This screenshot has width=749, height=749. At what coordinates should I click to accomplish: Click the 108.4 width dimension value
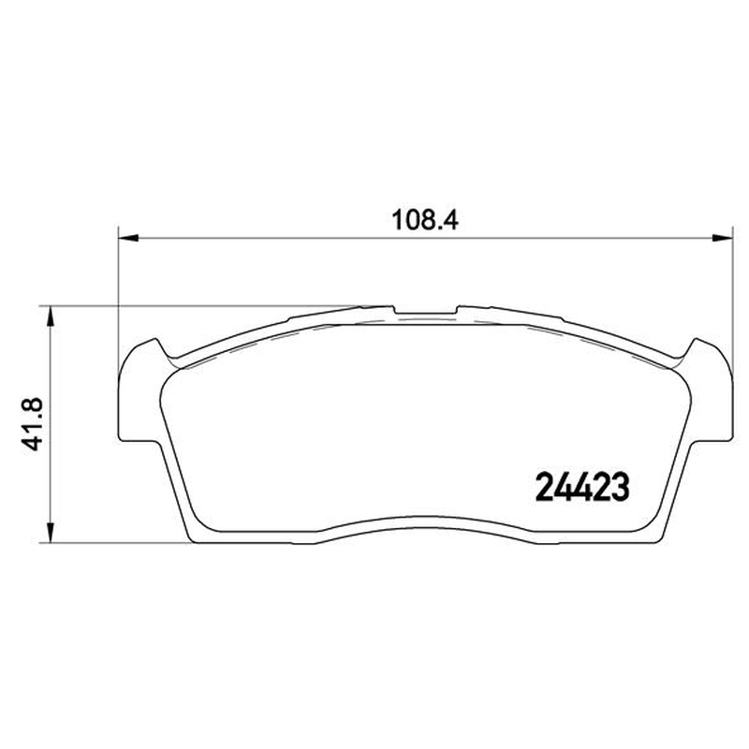coord(425,221)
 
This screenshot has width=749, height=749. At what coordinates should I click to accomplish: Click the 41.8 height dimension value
coord(33,424)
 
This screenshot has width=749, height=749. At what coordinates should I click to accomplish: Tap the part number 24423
coord(582,487)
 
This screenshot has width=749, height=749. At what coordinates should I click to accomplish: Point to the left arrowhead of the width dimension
coord(128,238)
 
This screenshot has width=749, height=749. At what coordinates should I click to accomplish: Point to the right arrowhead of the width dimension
coord(722,238)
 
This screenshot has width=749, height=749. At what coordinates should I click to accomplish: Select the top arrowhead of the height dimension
coord(51,316)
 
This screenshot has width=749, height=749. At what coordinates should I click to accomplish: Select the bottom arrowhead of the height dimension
coord(51,532)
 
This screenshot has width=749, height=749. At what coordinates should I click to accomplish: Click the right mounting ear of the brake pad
coord(709,390)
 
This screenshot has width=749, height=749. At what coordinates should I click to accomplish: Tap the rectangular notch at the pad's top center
coord(425,312)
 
